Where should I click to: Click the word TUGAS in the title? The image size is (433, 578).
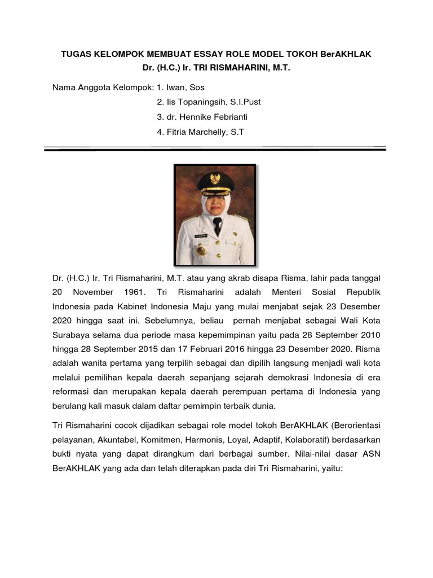click(x=75, y=54)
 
